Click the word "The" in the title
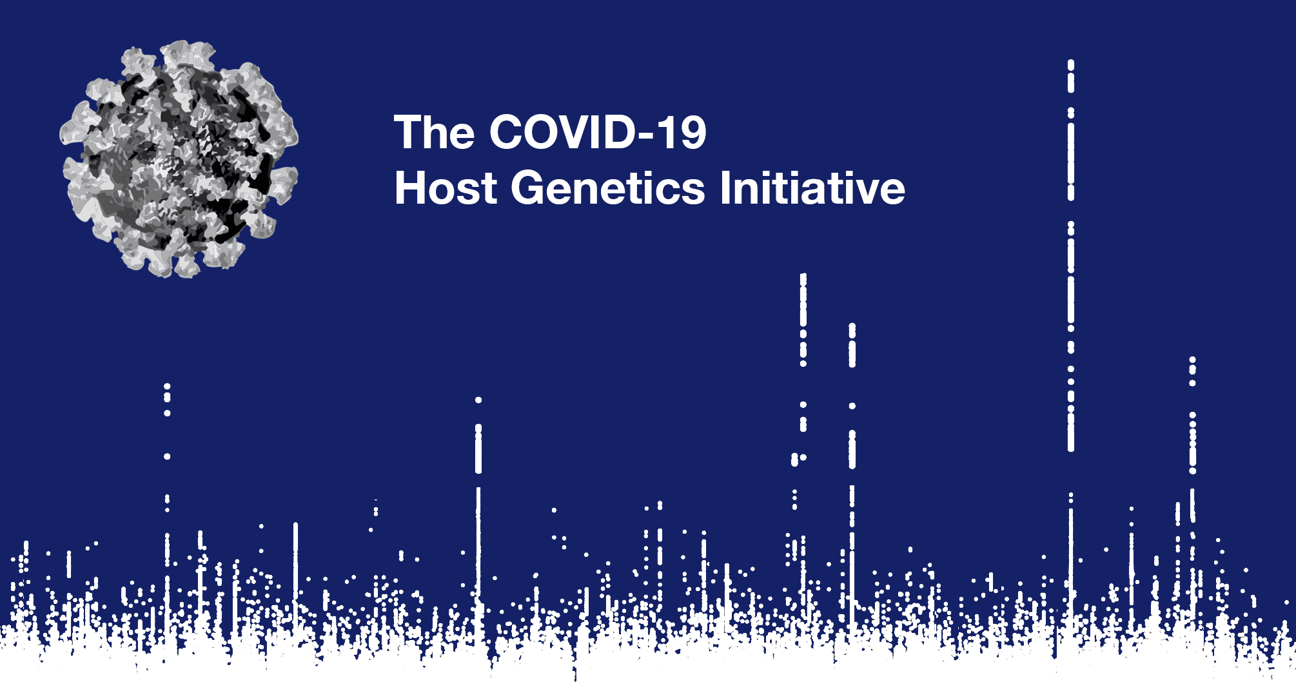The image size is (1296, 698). (434, 132)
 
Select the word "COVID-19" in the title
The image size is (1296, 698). (598, 132)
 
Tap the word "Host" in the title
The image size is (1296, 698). (446, 188)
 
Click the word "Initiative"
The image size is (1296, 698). (812, 188)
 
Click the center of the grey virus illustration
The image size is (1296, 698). (179, 159)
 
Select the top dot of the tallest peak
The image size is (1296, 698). (1071, 63)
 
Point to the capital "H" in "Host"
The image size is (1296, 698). (410, 188)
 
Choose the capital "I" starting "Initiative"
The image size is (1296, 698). (725, 188)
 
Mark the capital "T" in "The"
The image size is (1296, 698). (407, 132)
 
